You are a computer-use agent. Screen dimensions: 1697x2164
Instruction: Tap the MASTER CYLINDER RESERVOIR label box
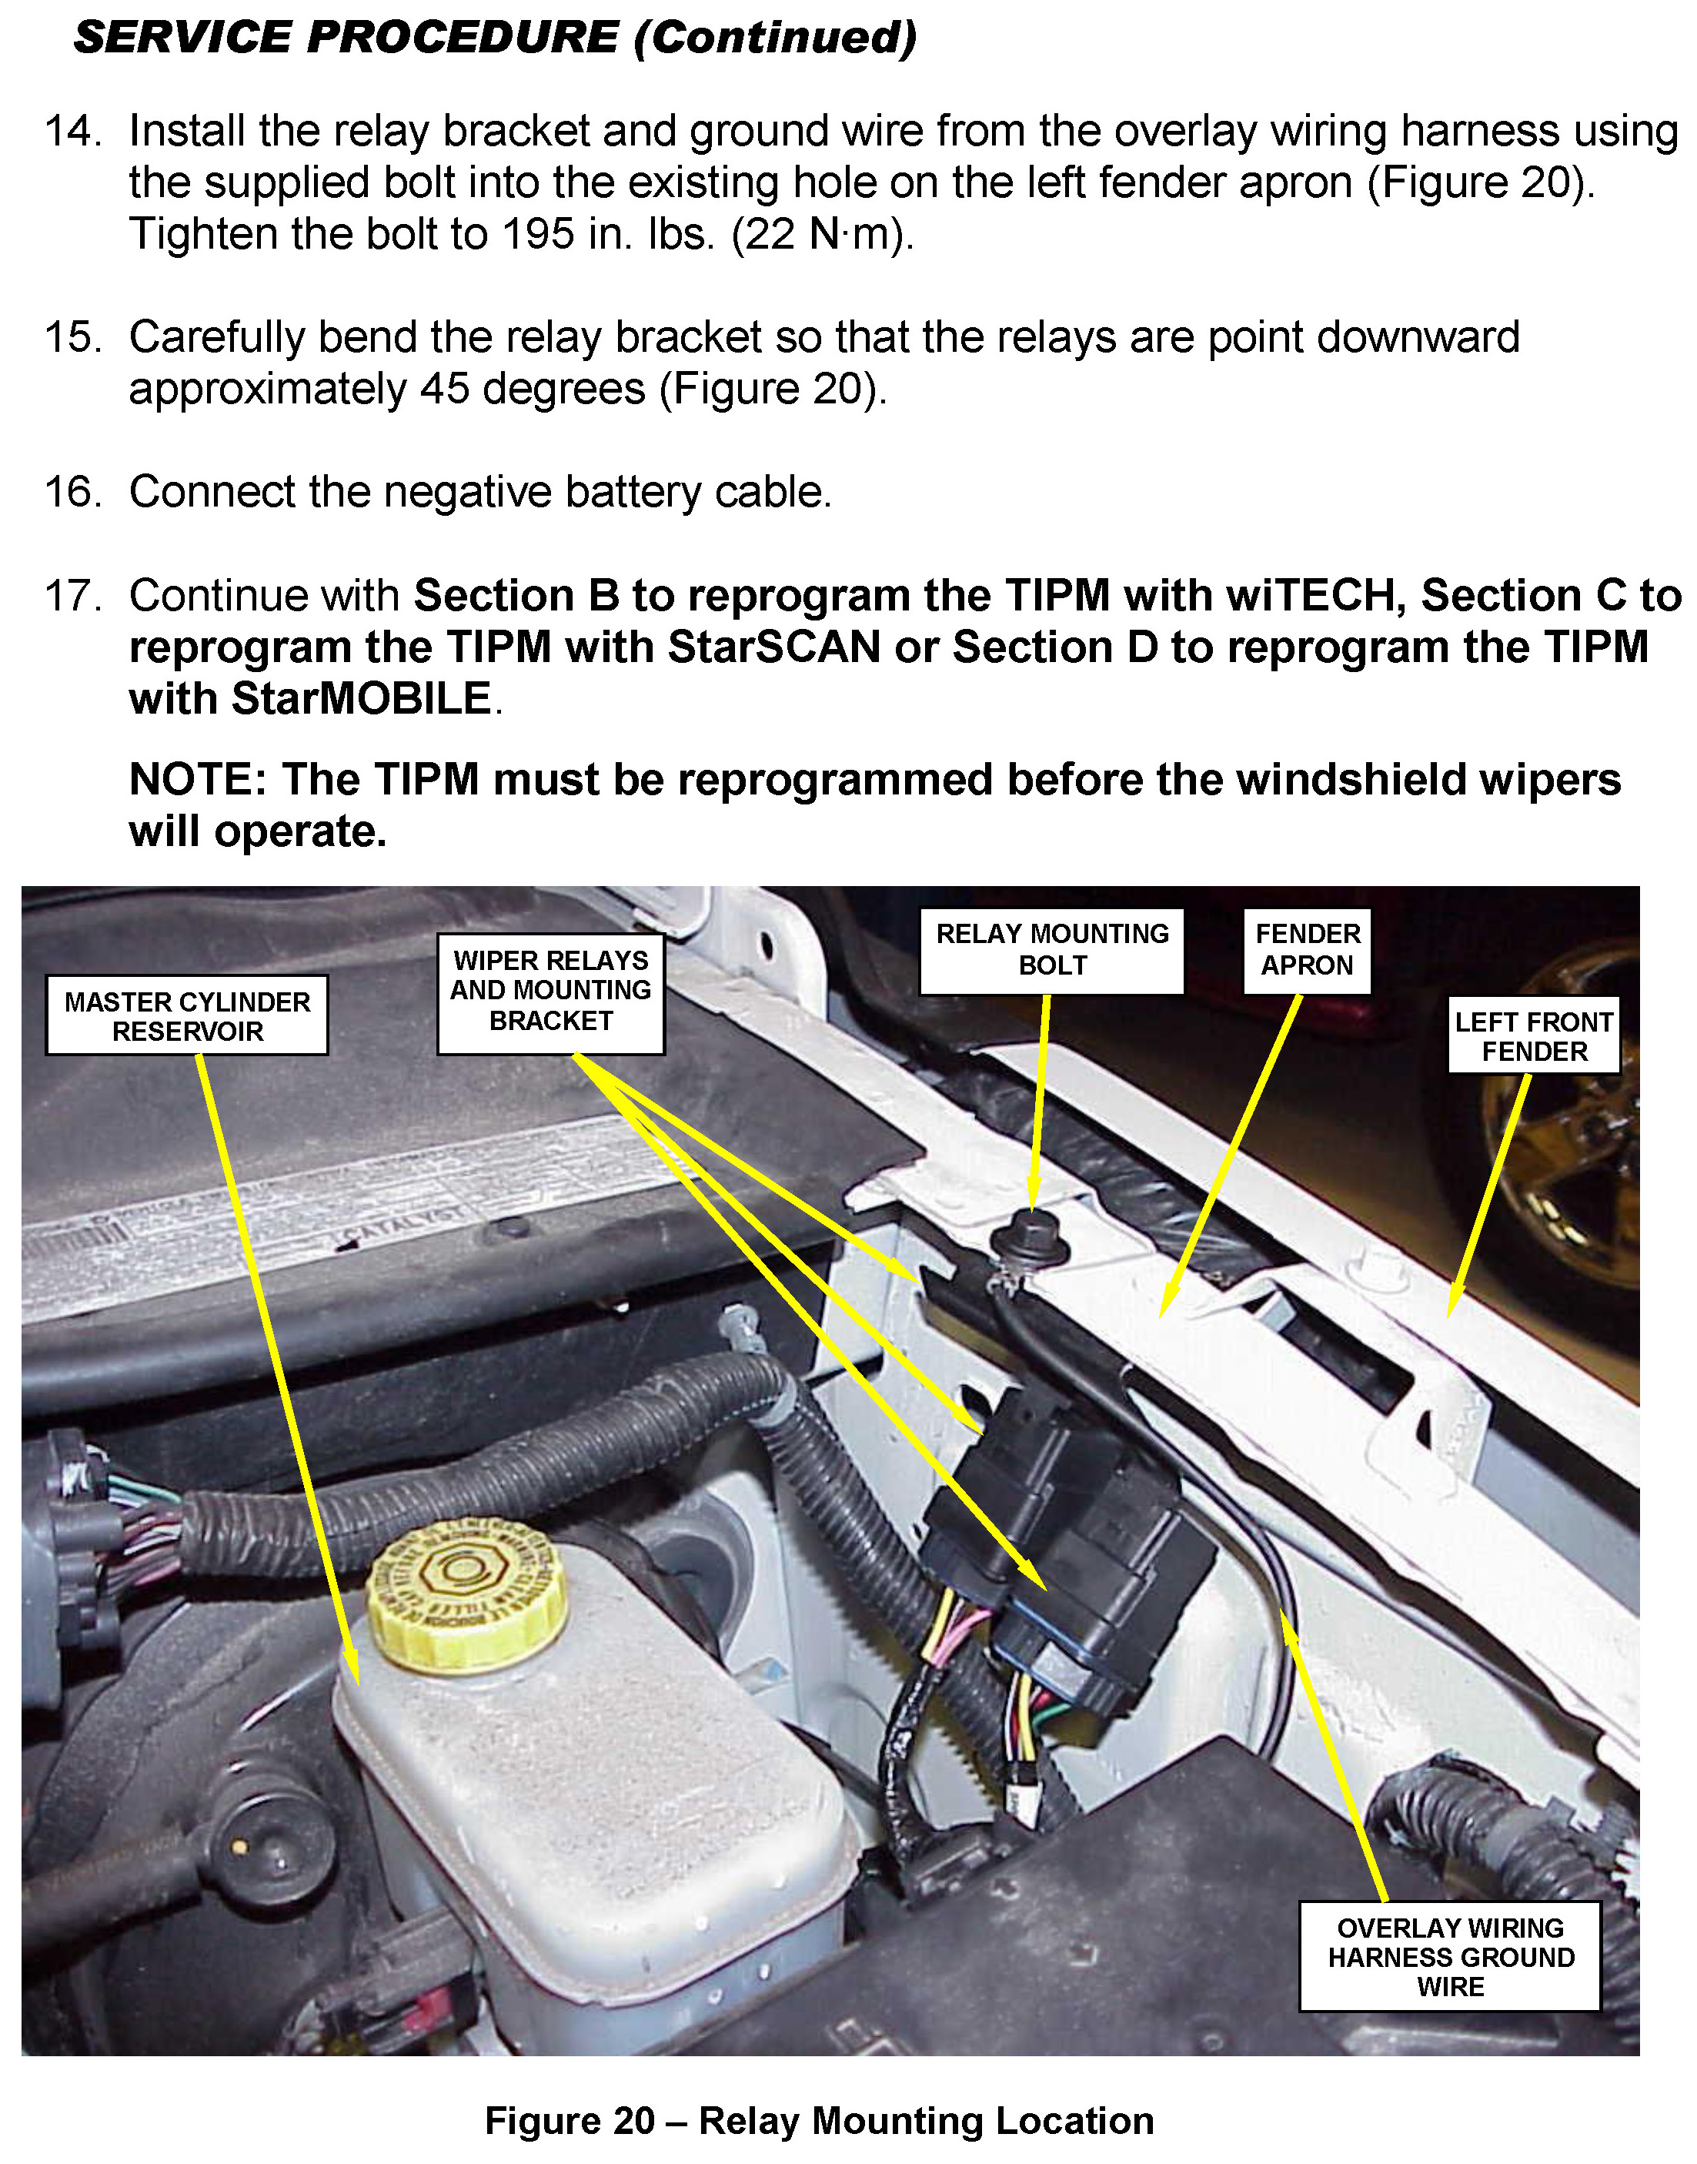tap(187, 1015)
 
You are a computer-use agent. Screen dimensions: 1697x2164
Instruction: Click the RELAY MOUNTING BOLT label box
tap(1052, 950)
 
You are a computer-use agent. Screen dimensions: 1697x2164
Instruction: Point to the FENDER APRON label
tap(1308, 950)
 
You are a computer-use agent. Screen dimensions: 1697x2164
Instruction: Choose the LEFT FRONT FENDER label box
tap(1534, 1035)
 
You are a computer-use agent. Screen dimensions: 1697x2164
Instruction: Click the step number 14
tap(72, 131)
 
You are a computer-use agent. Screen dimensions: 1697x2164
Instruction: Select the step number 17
tap(72, 596)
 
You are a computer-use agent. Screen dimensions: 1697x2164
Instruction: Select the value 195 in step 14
tap(537, 235)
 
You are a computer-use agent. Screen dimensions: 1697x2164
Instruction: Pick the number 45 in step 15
tap(444, 390)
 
